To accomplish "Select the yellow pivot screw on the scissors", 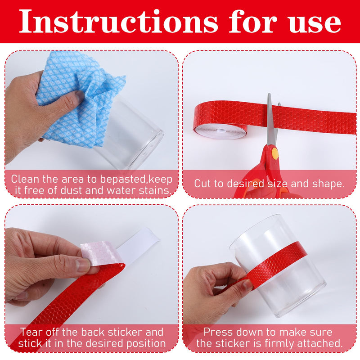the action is [x=275, y=153].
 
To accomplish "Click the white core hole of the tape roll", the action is [x=221, y=130].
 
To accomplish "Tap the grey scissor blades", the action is [x=273, y=119].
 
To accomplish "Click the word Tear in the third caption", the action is [x=31, y=332].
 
